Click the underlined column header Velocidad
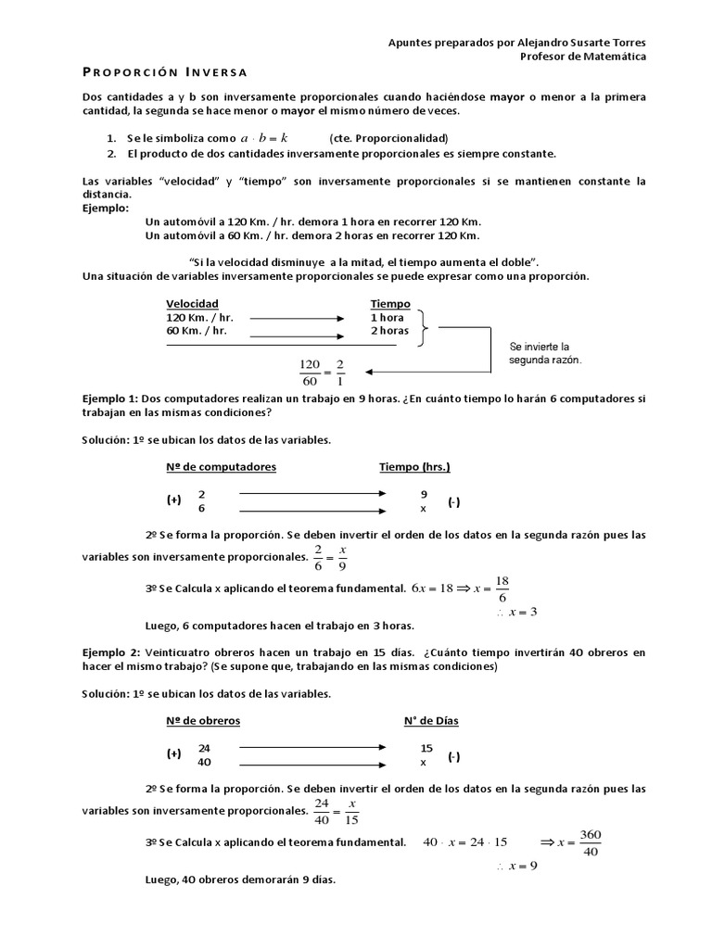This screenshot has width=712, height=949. pos(192,304)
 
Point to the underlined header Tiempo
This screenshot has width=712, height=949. pos(390,304)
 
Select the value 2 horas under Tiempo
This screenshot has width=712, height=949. pos(389,330)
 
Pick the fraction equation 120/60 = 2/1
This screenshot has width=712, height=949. pos(323,372)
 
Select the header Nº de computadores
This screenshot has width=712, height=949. pos(221,467)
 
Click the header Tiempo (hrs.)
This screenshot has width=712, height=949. pos(414,467)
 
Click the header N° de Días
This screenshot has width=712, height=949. pos(431,720)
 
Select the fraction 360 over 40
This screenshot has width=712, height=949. pos(591,842)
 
